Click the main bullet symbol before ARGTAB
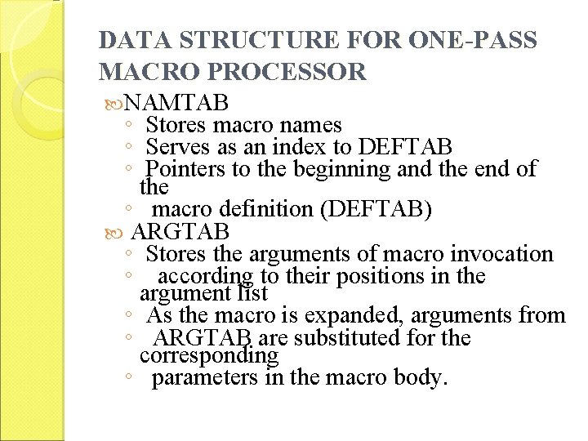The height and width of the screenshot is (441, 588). pos(118,231)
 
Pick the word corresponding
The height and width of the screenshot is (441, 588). pos(209,357)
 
